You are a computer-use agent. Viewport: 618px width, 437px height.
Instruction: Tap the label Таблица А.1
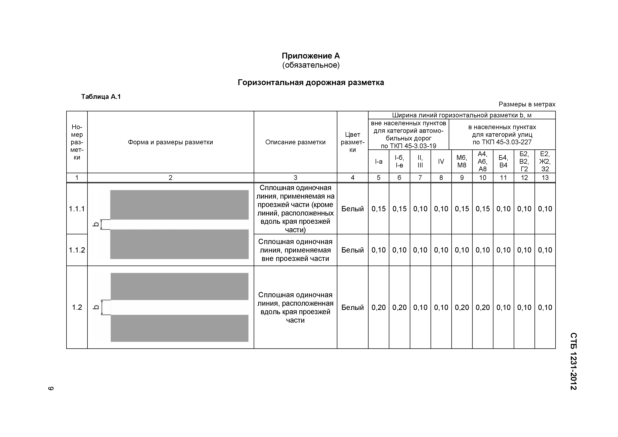101,97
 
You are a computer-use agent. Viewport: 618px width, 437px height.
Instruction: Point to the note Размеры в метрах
527,104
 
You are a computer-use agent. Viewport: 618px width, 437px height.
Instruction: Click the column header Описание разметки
295,142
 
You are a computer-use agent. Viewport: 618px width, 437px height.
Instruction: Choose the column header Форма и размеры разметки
170,142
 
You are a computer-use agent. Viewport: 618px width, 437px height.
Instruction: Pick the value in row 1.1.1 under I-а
378,209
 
